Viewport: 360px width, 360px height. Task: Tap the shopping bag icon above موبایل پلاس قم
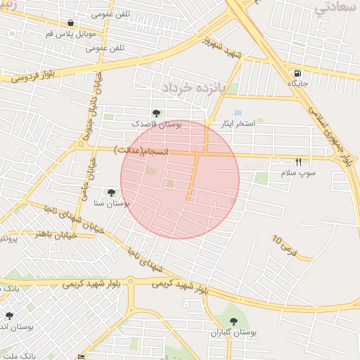tap(71, 23)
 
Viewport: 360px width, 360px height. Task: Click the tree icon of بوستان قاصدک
tap(156, 113)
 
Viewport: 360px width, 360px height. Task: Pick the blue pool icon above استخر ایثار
tap(238, 113)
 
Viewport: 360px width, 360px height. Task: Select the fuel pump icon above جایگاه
tap(299, 73)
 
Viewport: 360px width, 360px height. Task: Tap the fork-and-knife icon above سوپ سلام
tap(298, 162)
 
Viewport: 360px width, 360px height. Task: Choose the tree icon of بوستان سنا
tap(111, 192)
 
